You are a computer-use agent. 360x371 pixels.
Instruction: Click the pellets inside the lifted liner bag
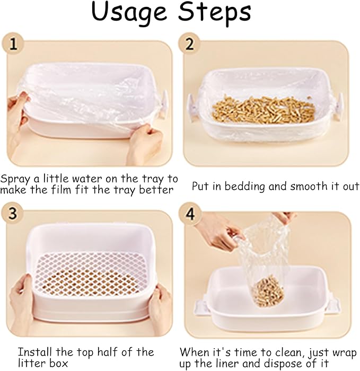point(267,290)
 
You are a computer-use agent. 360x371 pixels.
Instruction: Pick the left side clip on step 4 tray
point(201,307)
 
